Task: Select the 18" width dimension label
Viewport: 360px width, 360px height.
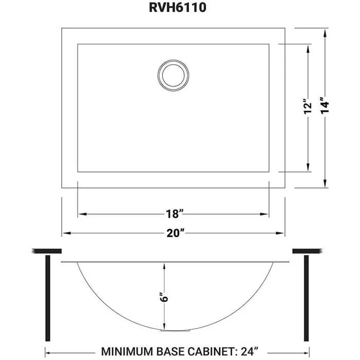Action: point(173,213)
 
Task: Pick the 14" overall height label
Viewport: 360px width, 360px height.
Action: point(325,106)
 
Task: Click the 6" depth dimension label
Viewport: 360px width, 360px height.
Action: point(164,297)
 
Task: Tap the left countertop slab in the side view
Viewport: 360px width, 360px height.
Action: point(47,251)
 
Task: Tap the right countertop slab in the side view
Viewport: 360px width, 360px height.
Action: point(307,251)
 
